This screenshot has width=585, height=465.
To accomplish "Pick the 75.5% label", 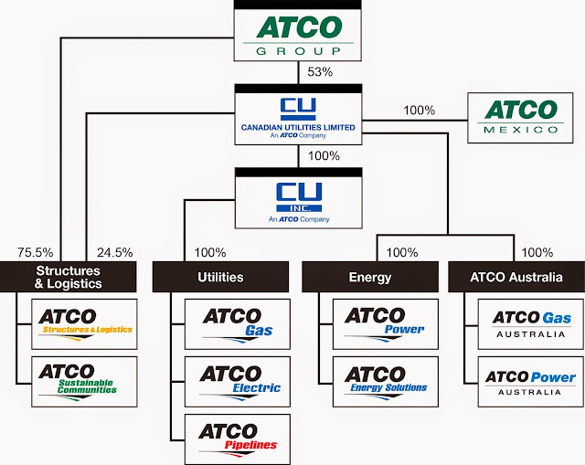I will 35,252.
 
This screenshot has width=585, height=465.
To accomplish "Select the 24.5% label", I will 101,252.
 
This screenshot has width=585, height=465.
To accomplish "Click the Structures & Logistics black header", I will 69,277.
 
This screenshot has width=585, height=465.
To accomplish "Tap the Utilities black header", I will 222,276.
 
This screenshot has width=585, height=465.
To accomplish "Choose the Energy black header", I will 370,276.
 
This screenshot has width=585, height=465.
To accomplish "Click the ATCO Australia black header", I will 517,276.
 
